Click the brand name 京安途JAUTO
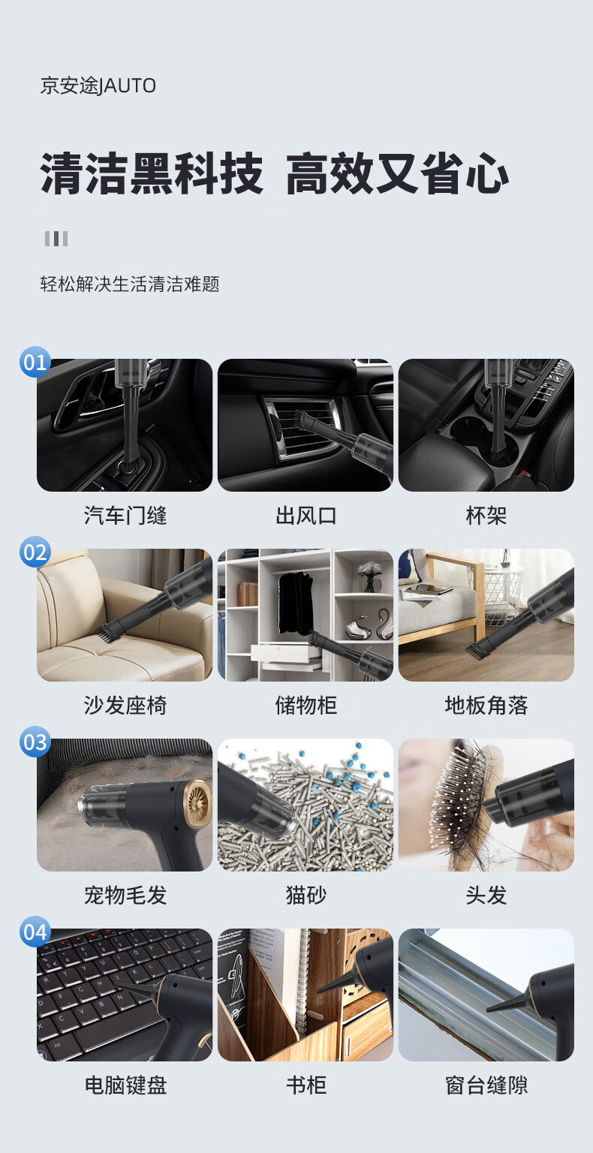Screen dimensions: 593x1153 [98, 86]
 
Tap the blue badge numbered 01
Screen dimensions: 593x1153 [35, 362]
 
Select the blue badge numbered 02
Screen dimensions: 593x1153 [35, 552]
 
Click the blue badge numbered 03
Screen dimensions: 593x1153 [35, 742]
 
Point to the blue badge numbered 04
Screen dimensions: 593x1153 [35, 932]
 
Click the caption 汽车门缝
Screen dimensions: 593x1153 [125, 515]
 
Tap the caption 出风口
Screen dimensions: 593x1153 [306, 515]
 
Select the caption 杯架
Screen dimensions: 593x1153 [486, 515]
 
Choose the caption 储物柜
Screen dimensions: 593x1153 [306, 705]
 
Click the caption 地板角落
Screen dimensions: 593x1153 [486, 705]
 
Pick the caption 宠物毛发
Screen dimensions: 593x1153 [125, 895]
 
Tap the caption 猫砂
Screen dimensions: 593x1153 [306, 895]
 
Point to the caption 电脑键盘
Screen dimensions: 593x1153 [125, 1085]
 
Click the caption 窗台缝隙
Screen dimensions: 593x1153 [486, 1085]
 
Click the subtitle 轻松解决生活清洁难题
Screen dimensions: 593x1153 [130, 284]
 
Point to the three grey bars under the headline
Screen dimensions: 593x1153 [56, 238]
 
